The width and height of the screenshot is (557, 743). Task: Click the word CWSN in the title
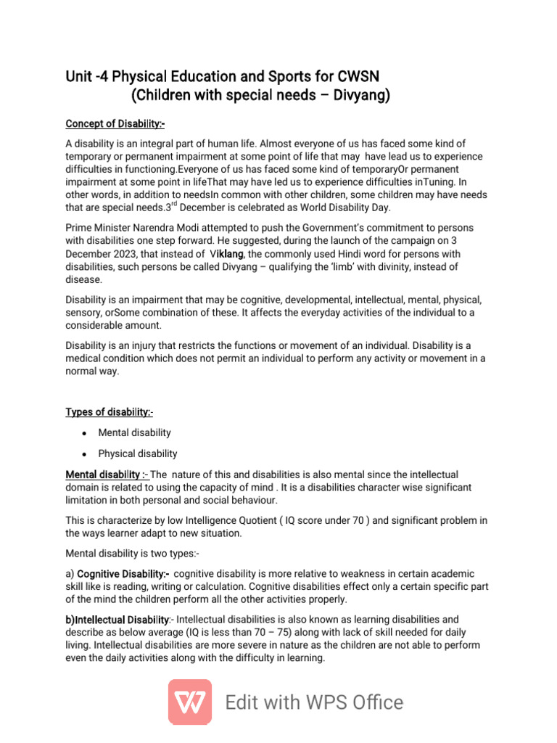click(x=359, y=77)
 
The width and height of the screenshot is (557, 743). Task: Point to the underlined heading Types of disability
click(x=109, y=412)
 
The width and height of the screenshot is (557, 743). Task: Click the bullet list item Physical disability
click(x=138, y=453)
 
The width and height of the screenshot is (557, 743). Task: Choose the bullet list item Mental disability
click(x=134, y=432)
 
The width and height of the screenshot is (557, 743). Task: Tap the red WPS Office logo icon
click(x=190, y=702)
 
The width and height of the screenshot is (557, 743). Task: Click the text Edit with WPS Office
click(x=314, y=702)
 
